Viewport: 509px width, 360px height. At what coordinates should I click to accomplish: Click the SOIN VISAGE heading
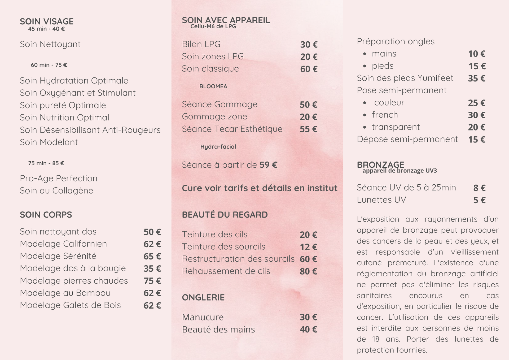pos(47,21)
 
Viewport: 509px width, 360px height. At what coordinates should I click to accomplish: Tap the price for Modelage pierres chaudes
pos(152,281)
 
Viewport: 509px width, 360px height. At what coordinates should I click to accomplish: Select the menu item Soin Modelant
pos(49,142)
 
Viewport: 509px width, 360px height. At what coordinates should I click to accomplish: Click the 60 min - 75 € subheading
pos(49,65)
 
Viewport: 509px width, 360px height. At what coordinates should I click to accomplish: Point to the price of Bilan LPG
pos(309,45)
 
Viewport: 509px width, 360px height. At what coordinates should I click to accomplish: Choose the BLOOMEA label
pos(213,86)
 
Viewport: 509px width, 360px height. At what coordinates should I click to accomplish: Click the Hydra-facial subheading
pos(218,147)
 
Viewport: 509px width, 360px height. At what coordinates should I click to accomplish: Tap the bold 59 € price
pos(268,165)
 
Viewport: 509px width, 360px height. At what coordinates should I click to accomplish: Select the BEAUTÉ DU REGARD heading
pos(225,215)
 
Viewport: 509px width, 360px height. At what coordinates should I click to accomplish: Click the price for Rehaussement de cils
pos(308,271)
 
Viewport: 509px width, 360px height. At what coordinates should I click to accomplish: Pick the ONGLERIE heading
pos(203,297)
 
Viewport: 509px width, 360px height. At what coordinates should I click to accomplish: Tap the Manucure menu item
pos(203,317)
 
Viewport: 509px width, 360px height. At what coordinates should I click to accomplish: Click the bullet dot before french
pos(365,115)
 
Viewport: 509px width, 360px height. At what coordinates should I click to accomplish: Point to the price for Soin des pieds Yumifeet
pos(477,79)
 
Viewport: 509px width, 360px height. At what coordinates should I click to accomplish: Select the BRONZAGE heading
pos(380,164)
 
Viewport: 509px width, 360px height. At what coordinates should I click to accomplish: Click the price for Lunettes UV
pos(479,200)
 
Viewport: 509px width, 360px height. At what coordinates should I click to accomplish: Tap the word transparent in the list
pos(396,127)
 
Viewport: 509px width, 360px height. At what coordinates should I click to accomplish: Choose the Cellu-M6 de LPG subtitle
pos(213,26)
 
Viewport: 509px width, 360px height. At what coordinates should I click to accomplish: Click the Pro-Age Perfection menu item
pos(59,178)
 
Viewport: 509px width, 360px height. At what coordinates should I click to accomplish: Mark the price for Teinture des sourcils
pos(308,247)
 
